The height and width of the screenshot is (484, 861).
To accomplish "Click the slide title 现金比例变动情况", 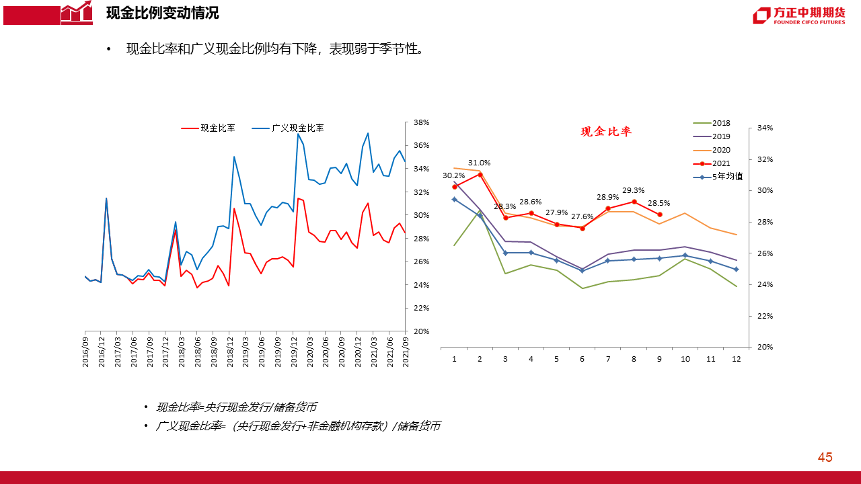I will pos(162,13).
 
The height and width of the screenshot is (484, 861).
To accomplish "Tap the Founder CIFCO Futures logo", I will pos(798,15).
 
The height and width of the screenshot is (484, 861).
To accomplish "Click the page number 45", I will pos(825,458).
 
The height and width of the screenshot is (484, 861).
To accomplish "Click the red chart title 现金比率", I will pos(606,132).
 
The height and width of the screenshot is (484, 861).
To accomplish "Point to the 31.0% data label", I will pos(479,163).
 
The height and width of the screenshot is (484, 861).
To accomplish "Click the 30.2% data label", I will pos(453,175).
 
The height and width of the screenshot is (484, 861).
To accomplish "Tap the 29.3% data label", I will pos(633,190).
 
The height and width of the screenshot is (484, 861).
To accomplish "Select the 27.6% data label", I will pos(582,216).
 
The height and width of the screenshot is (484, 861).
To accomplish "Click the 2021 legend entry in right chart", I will pos(720,163).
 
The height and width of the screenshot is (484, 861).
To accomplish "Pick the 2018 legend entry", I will pos(720,123).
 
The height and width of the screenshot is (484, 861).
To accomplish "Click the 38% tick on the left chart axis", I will pos(421,122).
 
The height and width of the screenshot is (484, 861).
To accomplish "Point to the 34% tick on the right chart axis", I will pos(765,128).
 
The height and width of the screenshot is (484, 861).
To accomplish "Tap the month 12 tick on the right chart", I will pos(737,359).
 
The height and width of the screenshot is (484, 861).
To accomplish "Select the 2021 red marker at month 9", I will pos(659,214).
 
